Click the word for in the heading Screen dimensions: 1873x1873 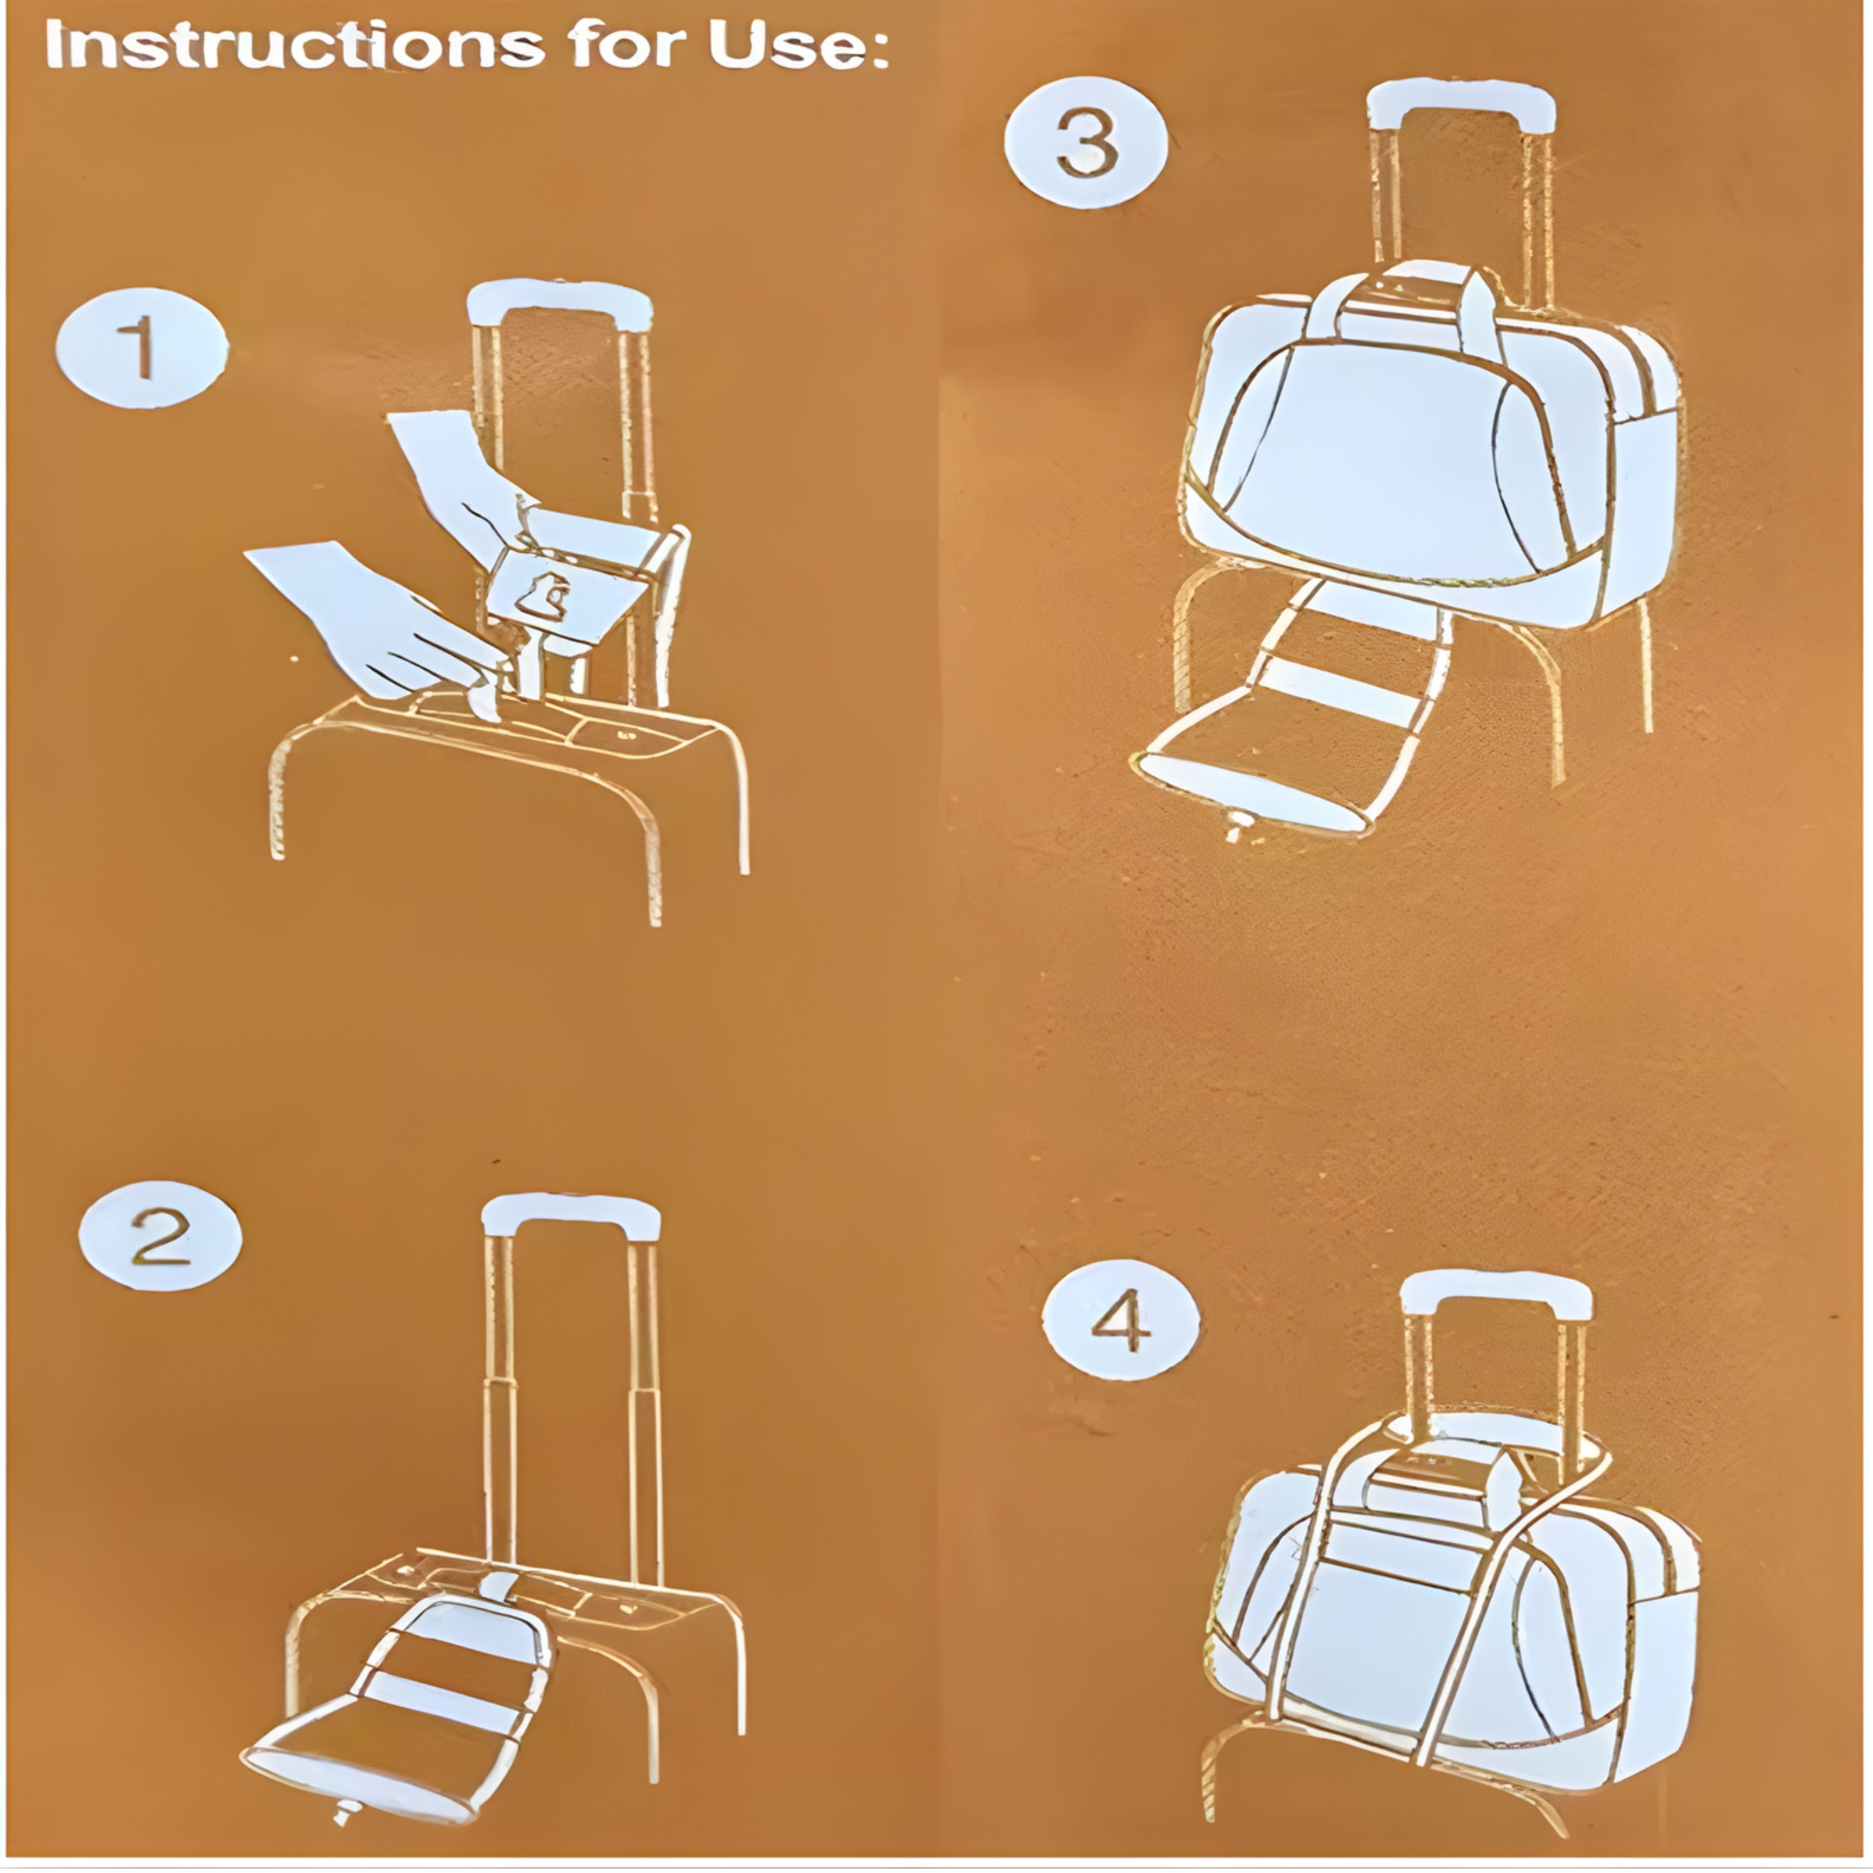pyautogui.click(x=626, y=46)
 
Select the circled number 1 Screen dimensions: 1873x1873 pyautogui.click(x=142, y=348)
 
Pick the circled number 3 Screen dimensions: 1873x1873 pyautogui.click(x=1086, y=144)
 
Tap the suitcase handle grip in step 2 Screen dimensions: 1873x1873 pyautogui.click(x=571, y=1216)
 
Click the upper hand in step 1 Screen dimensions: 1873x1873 pyautogui.click(x=461, y=475)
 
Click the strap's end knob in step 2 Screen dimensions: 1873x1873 pyautogui.click(x=343, y=1811)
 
